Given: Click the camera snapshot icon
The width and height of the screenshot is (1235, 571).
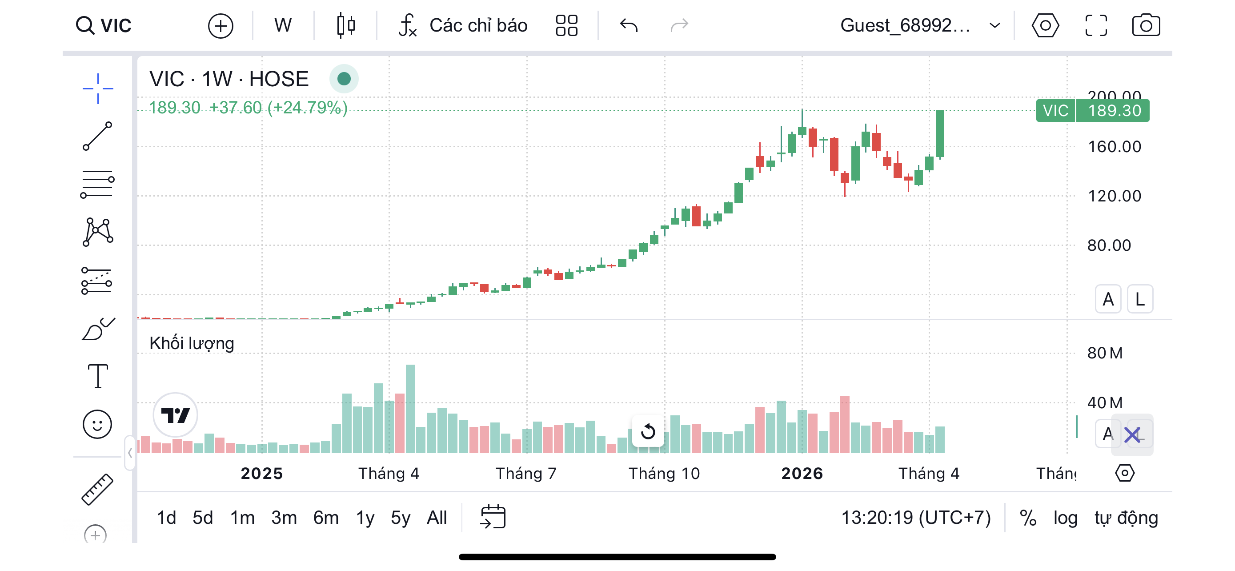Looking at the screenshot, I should coord(1145,25).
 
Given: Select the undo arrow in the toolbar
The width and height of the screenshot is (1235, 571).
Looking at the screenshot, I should coord(628,25).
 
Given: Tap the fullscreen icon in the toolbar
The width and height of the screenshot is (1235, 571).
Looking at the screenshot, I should coord(1095,25).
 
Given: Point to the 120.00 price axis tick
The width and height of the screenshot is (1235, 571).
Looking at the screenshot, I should coord(1114,196).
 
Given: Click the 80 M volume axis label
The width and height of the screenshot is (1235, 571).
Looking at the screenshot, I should coord(1105,354).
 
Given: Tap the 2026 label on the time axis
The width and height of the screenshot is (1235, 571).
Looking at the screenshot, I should coord(802,474).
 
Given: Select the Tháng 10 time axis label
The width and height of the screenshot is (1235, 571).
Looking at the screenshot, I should coord(664,474).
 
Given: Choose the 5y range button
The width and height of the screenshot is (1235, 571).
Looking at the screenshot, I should coord(400,518).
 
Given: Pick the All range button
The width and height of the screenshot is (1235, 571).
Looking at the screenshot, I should coord(437,518).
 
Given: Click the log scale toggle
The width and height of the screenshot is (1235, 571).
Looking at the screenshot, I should coord(1065,518).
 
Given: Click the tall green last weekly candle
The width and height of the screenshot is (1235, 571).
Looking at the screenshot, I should coord(940,134).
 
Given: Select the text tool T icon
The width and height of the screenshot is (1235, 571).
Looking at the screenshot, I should coord(97,375).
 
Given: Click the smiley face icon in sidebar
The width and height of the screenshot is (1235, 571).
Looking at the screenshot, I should coord(97,424).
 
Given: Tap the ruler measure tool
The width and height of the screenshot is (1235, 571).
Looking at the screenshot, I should coord(97,490).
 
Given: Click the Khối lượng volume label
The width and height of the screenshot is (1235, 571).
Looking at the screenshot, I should coord(192,344).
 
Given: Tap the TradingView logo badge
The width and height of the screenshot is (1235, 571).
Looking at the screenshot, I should coord(175,415).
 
